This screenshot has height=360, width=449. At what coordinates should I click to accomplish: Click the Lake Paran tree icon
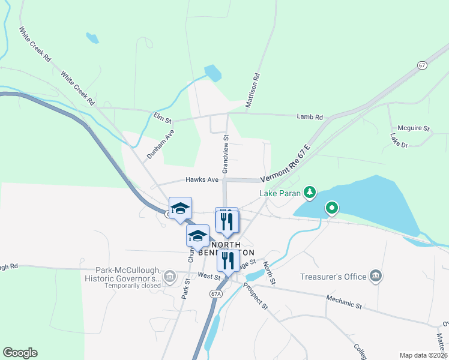pos(310,192)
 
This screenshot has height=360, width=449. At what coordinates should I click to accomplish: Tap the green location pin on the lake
pos(331,209)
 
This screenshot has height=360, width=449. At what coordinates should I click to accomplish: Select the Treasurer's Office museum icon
pos(376,276)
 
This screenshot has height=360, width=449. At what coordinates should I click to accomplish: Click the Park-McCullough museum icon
pos(170,276)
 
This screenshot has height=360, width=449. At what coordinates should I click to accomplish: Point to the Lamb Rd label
pos(310,118)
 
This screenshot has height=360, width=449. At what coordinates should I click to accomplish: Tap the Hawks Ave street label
pos(202,179)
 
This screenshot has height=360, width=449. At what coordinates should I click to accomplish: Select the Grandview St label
pos(226,154)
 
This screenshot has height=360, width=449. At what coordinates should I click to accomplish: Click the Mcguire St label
pos(414,128)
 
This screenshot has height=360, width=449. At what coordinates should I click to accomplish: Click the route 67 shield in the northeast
pos(423,65)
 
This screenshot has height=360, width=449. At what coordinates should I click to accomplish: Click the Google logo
pos(20,353)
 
